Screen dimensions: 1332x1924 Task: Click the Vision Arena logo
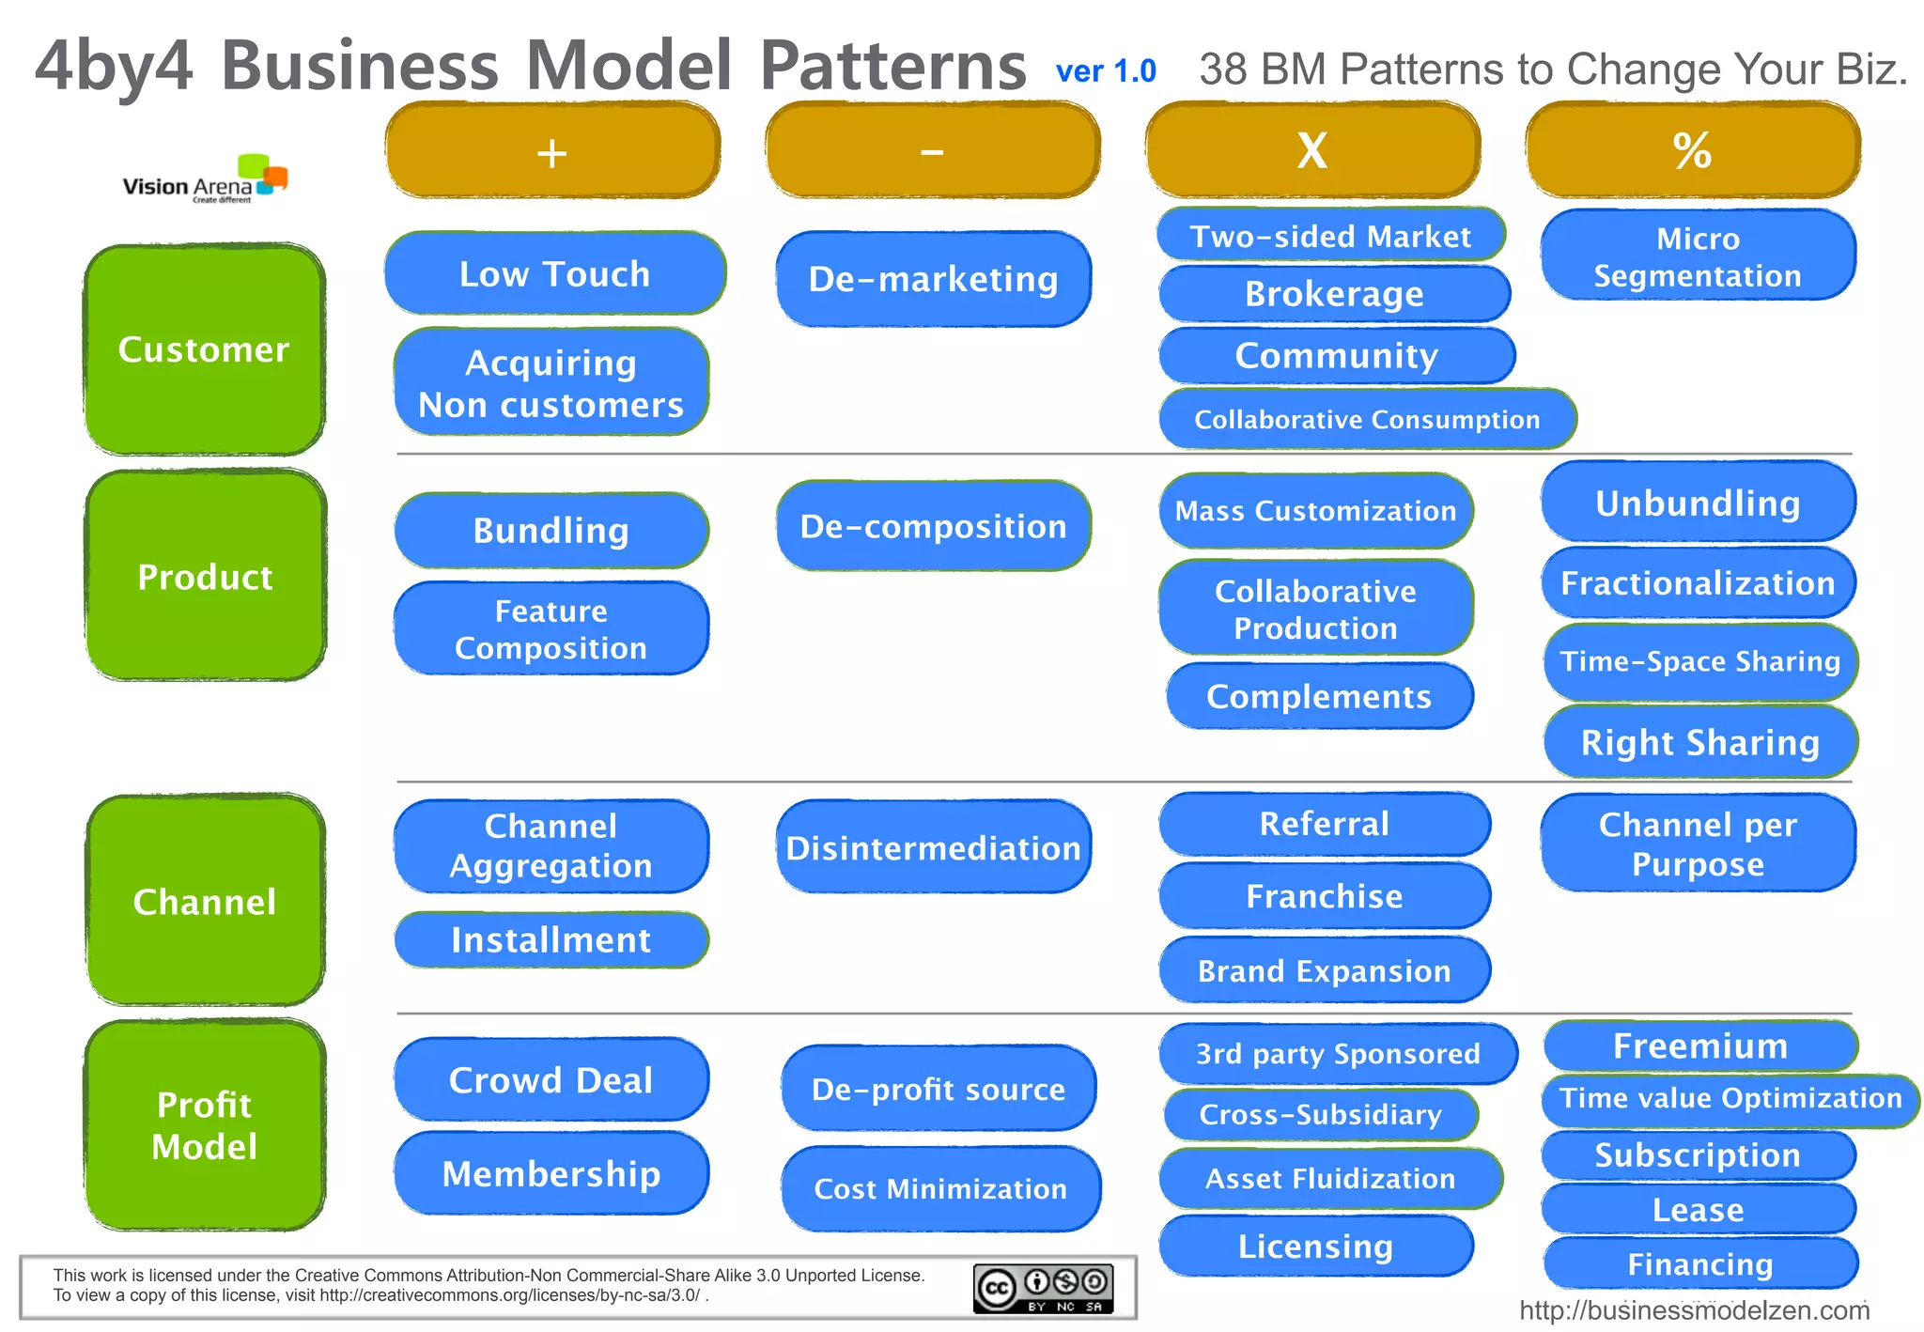[205, 179]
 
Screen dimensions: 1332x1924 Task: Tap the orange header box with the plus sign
[552, 151]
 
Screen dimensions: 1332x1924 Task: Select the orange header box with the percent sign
[1692, 151]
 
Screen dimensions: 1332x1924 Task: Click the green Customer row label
[204, 349]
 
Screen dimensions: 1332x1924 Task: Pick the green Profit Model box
[204, 1124]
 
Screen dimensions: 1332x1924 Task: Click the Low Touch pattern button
[554, 273]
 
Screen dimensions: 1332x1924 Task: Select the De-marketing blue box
[933, 279]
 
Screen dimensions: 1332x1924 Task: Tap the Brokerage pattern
[1334, 294]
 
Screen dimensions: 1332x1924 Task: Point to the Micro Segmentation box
[1698, 256]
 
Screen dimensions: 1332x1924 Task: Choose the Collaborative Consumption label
[1367, 419]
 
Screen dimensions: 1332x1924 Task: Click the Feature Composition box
[551, 628]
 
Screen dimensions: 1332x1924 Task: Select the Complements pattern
[1319, 696]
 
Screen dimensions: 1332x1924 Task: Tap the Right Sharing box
[1699, 742]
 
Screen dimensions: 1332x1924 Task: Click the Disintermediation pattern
[933, 847]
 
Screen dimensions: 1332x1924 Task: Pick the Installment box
[551, 939]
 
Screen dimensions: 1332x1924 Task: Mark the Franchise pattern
[1324, 896]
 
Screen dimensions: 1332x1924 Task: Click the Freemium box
[1699, 1045]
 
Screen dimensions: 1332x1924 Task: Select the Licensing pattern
[1315, 1246]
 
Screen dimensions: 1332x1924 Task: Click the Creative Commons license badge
[1043, 1288]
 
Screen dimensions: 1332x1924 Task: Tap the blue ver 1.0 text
[1106, 71]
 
